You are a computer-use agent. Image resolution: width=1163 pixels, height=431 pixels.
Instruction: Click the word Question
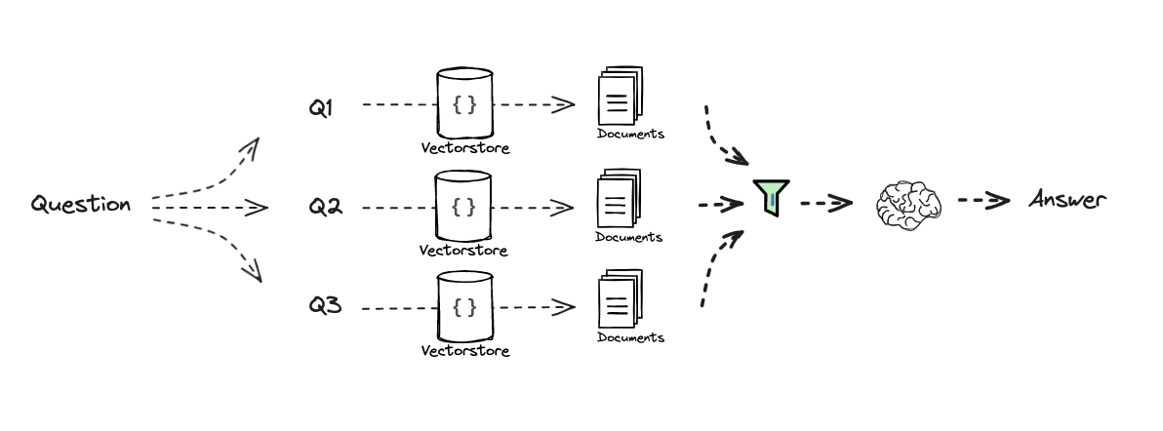point(80,205)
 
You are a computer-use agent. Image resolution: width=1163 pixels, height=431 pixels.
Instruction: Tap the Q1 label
point(321,108)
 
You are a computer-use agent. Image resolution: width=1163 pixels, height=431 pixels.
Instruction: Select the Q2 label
point(325,208)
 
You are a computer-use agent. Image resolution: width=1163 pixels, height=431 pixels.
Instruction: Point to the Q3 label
point(325,306)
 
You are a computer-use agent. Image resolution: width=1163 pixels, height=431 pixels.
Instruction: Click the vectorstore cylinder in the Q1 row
point(464,103)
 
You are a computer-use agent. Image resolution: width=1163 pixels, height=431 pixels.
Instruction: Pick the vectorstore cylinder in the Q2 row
point(464,206)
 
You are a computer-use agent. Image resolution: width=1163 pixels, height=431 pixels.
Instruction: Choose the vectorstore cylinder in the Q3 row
point(464,307)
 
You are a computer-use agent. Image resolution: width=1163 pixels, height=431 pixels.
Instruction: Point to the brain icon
point(908,205)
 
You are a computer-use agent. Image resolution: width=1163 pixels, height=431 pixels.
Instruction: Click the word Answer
point(1067,201)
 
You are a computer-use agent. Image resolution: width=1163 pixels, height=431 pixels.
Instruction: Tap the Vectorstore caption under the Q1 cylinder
point(464,149)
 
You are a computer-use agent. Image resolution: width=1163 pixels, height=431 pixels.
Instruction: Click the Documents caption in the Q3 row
point(630,337)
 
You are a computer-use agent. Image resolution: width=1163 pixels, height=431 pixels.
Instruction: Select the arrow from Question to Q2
point(210,208)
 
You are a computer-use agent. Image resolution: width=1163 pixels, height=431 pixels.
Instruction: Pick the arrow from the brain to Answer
point(983,201)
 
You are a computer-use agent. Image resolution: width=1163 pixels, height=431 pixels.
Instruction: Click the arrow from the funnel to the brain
point(825,204)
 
